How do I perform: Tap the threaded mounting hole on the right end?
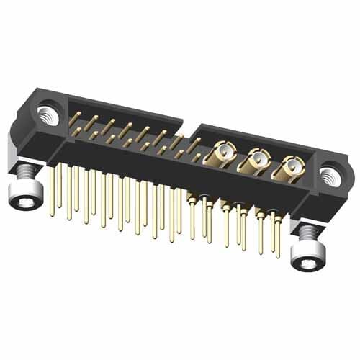pyautogui.click(x=330, y=175)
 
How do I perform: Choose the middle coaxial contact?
pyautogui.click(x=256, y=160)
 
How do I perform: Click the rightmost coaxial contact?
pyautogui.click(x=292, y=167)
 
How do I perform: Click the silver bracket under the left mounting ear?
pyautogui.click(x=16, y=148)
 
